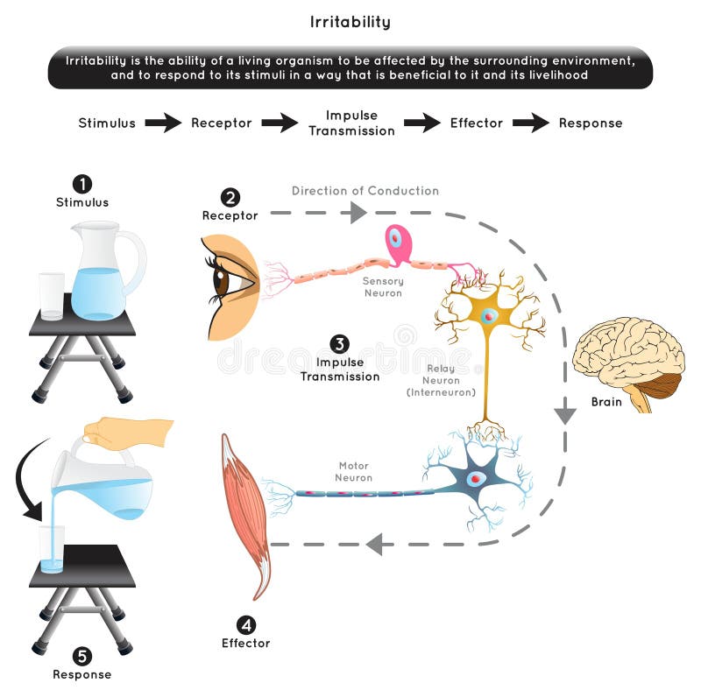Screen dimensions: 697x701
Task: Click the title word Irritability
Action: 350,22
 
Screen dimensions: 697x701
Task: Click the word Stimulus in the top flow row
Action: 107,123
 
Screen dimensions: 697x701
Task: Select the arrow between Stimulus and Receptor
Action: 163,123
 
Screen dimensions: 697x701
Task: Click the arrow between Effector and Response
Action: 531,123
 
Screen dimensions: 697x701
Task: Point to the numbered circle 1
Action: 81,184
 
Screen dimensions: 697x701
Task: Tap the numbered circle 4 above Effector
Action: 246,624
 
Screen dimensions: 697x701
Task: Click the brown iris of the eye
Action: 223,283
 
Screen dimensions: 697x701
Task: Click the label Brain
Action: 605,402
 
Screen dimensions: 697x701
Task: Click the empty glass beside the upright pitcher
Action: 52,295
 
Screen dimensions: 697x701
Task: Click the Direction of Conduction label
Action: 365,191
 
